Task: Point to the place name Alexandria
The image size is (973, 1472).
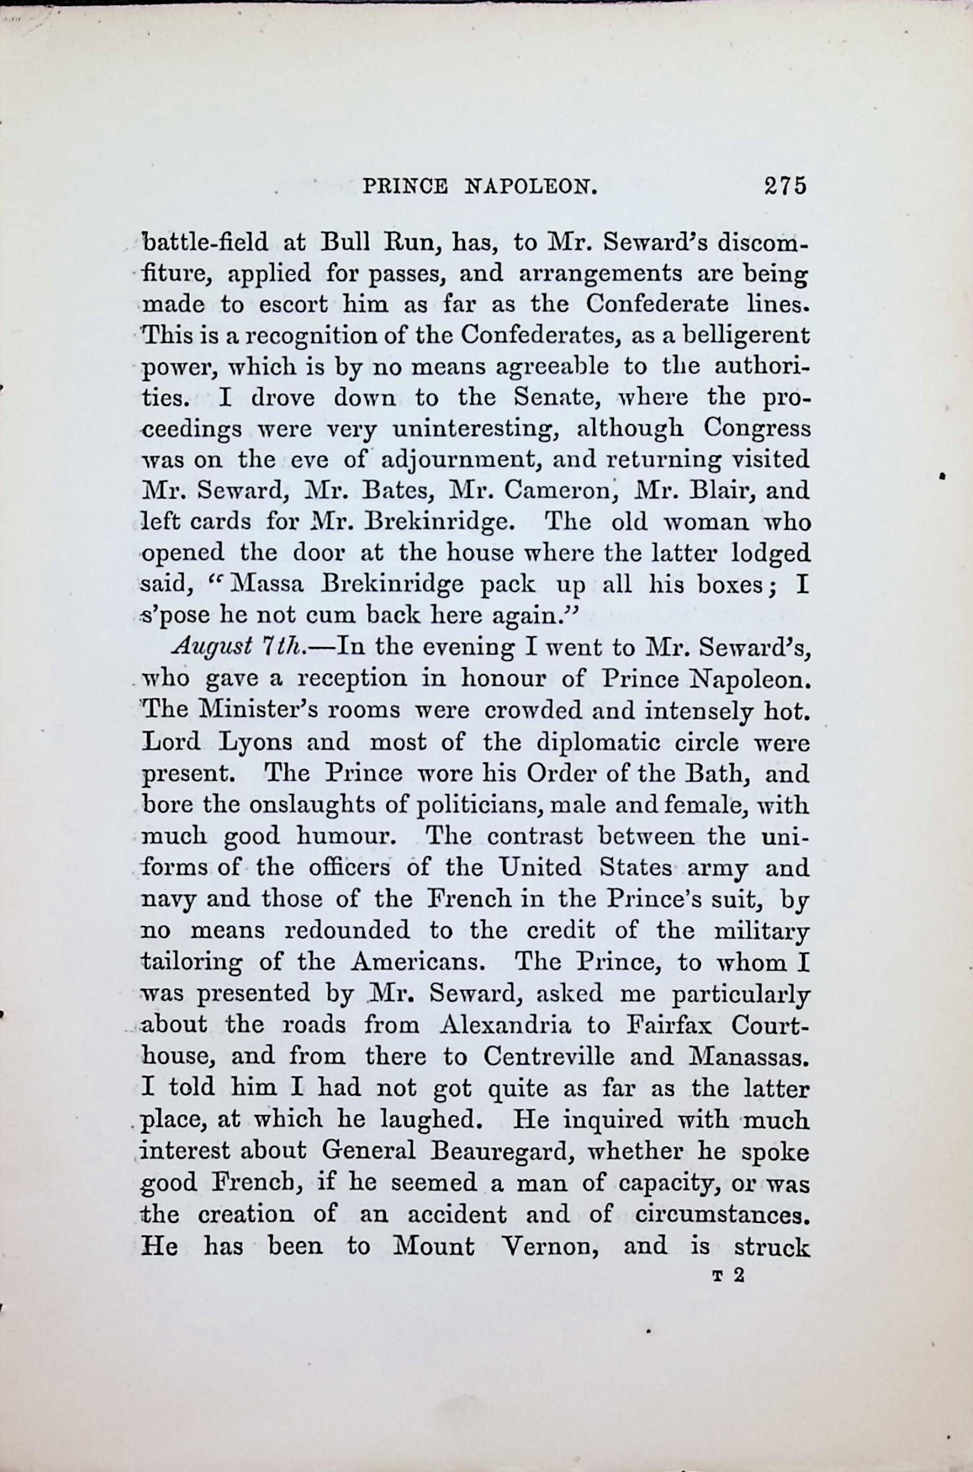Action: point(505,1024)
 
